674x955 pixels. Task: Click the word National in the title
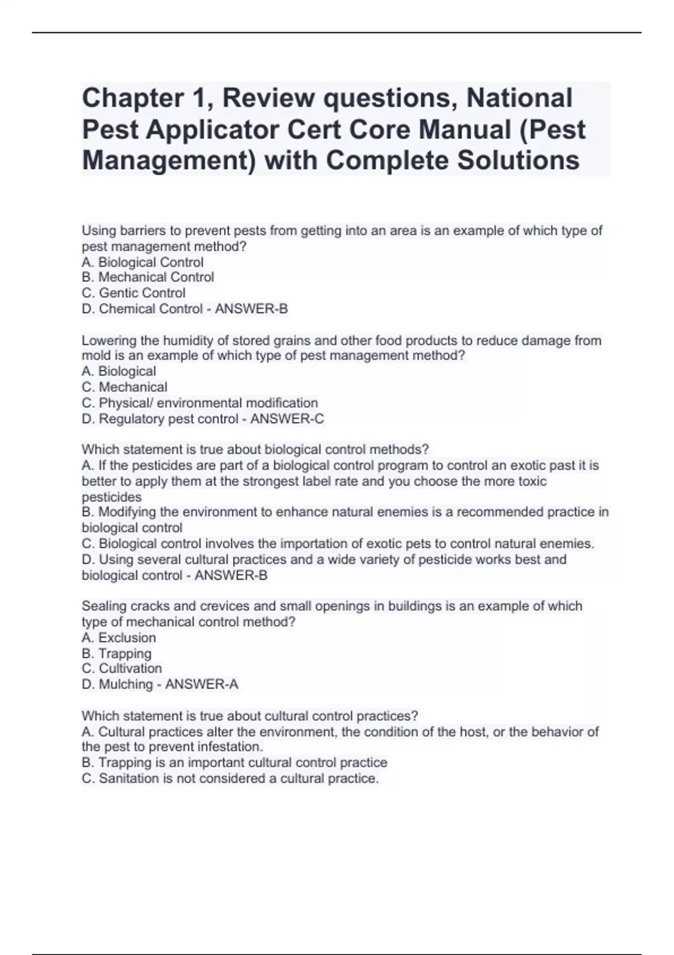[x=520, y=98]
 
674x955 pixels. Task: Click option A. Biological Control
[x=143, y=262]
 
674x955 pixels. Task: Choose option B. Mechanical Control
[x=148, y=278]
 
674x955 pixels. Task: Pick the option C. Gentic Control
[x=134, y=293]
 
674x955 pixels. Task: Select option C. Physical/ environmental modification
[x=200, y=403]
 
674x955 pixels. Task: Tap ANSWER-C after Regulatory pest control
[x=287, y=419]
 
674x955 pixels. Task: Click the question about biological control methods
[x=255, y=449]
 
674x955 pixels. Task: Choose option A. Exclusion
[x=119, y=638]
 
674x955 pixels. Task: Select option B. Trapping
[x=117, y=653]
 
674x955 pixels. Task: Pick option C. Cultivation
[x=122, y=668]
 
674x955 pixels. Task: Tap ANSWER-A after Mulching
[x=202, y=684]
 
